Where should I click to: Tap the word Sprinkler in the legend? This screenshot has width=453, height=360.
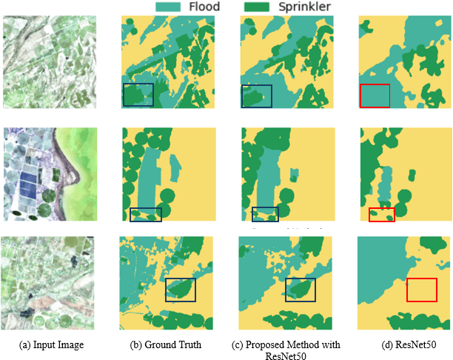(x=301, y=7)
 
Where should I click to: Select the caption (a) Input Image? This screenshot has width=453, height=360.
(x=52, y=344)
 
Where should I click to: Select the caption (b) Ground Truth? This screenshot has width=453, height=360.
(x=168, y=344)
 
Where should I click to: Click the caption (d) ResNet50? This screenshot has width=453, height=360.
(x=404, y=344)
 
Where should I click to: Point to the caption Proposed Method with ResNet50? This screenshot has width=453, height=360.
(x=286, y=350)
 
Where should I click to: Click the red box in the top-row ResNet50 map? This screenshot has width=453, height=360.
(x=374, y=96)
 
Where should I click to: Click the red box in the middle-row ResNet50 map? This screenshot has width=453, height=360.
(x=382, y=215)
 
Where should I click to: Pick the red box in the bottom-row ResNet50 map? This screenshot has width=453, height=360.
(x=422, y=290)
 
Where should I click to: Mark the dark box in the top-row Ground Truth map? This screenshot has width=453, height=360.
(x=138, y=96)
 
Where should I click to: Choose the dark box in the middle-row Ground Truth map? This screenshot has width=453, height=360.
(x=146, y=215)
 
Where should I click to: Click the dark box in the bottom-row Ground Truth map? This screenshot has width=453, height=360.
(x=181, y=290)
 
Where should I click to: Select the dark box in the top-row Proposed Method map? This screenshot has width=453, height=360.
(x=257, y=97)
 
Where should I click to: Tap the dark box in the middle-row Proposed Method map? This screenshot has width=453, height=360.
(x=265, y=214)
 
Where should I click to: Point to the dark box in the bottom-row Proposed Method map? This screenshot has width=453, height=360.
(x=301, y=290)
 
